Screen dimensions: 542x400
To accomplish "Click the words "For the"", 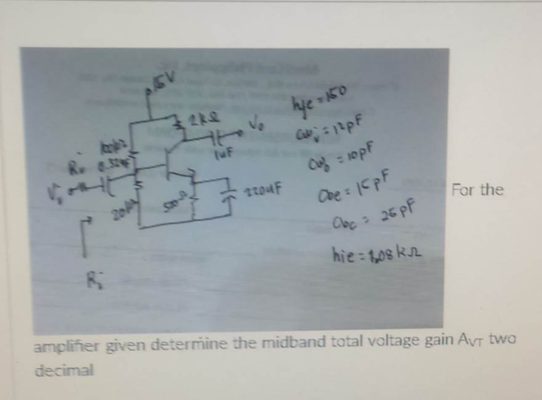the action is (478, 191).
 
